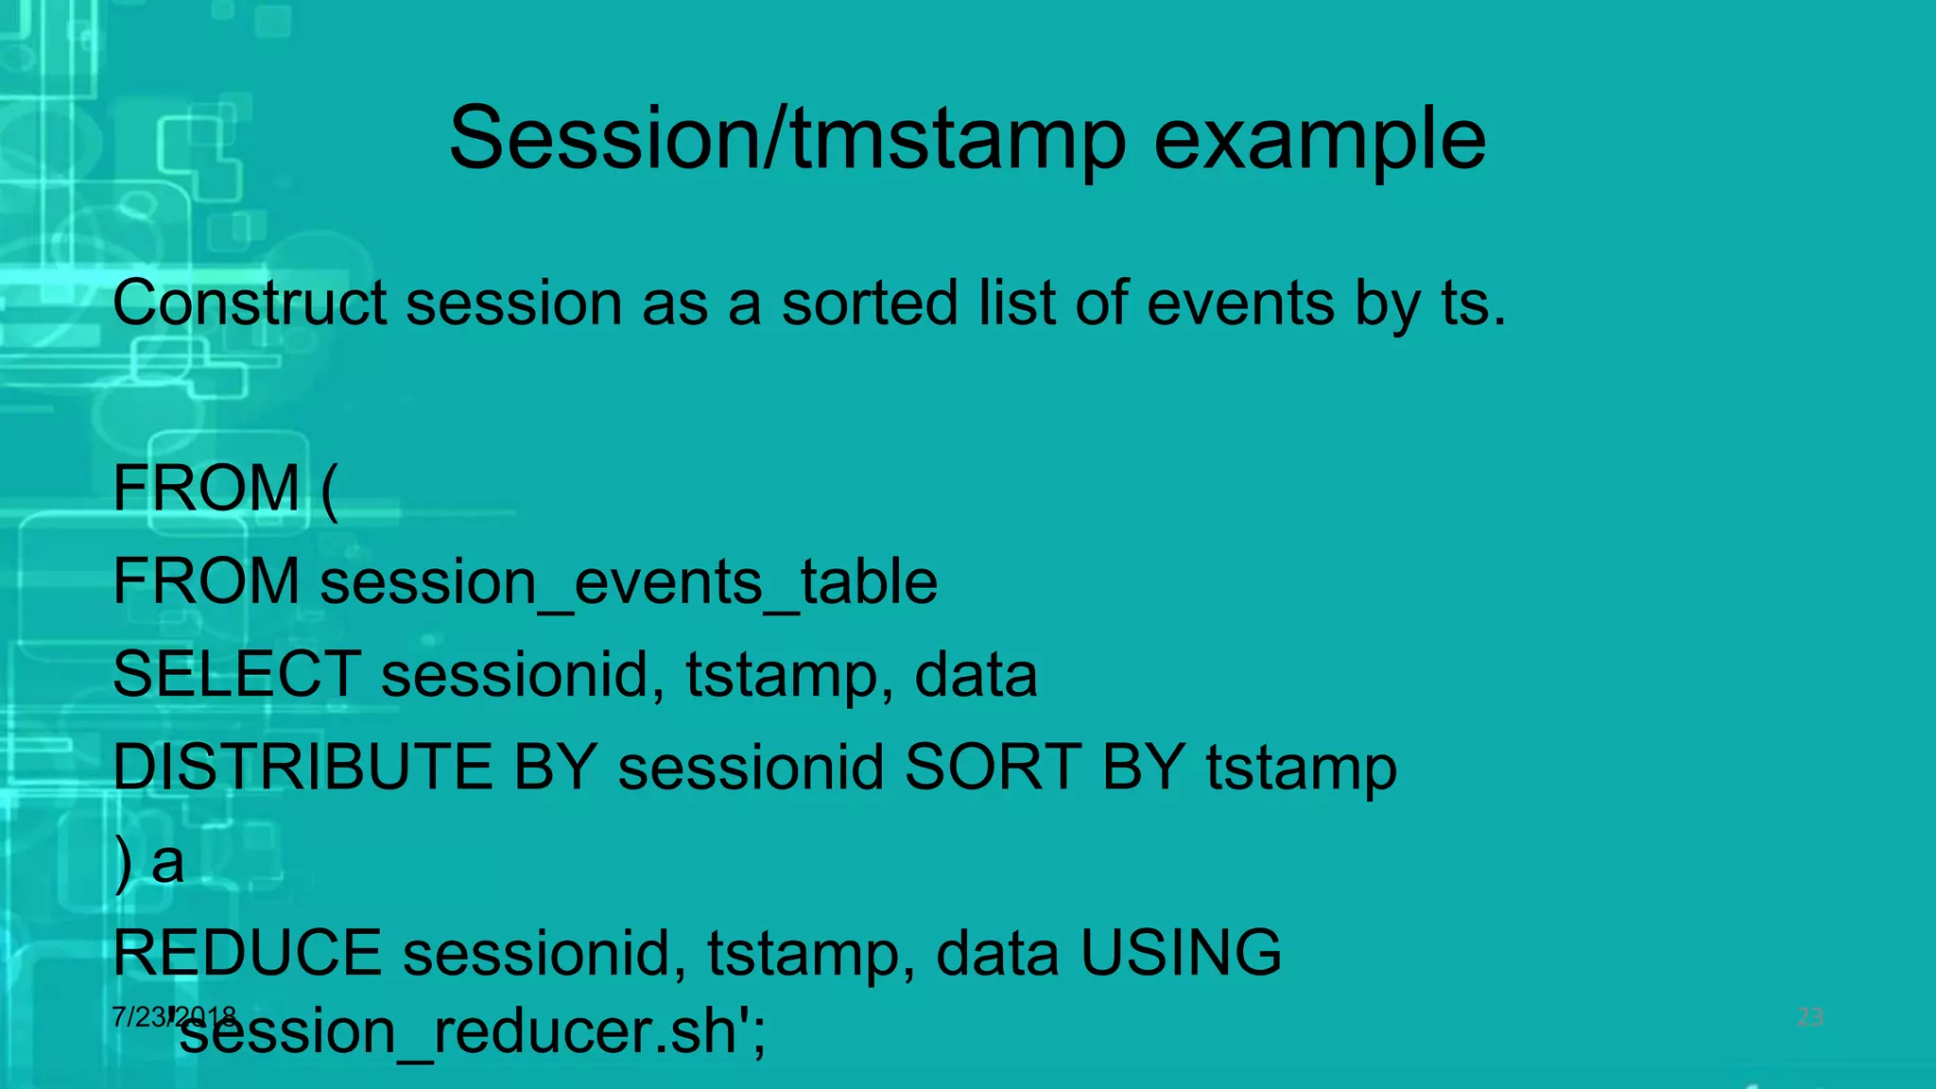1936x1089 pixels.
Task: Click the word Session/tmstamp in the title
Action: tap(787, 139)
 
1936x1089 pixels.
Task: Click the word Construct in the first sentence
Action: tap(250, 303)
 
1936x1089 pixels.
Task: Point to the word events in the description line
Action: tap(1240, 303)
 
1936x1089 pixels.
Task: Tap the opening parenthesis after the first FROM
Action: tap(328, 490)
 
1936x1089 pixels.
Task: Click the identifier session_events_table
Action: tap(629, 581)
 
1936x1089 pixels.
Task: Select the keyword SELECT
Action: tap(236, 674)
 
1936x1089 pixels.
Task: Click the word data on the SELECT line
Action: tap(976, 674)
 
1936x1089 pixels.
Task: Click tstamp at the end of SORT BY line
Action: tap(1301, 769)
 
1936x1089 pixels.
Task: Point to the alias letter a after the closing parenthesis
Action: tap(168, 861)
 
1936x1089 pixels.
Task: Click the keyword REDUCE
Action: tap(247, 953)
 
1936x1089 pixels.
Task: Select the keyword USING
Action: tap(1181, 953)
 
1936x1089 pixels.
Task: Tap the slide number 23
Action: tap(1809, 1017)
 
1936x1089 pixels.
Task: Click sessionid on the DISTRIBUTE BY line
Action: tap(751, 767)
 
